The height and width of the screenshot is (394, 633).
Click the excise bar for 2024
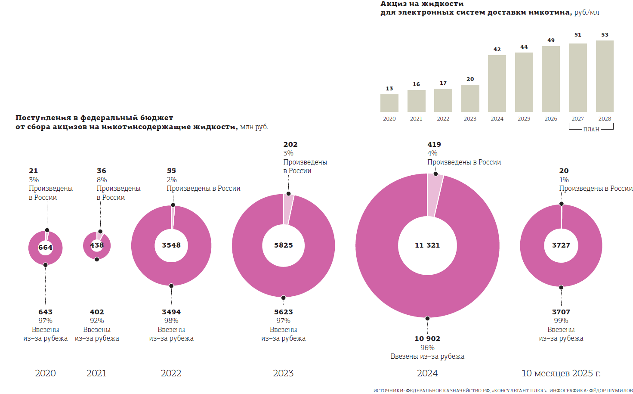pyautogui.click(x=497, y=84)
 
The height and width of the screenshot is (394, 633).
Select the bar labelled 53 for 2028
pyautogui.click(x=605, y=76)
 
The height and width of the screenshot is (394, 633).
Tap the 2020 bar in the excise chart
pyautogui.click(x=389, y=103)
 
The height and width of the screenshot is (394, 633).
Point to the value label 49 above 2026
pyautogui.click(x=551, y=40)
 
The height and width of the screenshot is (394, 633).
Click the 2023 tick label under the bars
pyautogui.click(x=470, y=119)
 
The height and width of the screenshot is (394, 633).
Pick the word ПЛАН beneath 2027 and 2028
pyautogui.click(x=591, y=129)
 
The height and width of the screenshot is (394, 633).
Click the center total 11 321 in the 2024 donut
pyautogui.click(x=427, y=245)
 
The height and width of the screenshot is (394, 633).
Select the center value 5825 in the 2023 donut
pyautogui.click(x=284, y=245)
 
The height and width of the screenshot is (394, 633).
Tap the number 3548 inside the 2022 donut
pyautogui.click(x=171, y=245)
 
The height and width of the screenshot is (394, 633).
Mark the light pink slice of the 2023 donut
pyautogui.click(x=288, y=209)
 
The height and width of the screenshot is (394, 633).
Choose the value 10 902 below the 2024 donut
pyautogui.click(x=427, y=339)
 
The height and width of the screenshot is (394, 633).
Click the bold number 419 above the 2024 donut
pyautogui.click(x=434, y=145)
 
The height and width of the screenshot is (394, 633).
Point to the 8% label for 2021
pyautogui.click(x=102, y=180)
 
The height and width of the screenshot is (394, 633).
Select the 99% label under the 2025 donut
pyautogui.click(x=561, y=321)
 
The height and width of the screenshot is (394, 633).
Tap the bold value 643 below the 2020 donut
pyautogui.click(x=45, y=312)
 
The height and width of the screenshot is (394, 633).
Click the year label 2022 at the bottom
pyautogui.click(x=171, y=373)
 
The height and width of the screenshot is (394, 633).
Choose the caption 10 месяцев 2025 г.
pyautogui.click(x=561, y=373)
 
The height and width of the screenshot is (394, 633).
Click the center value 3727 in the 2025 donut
pyautogui.click(x=561, y=245)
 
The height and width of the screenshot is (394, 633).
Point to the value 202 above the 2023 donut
pyautogui.click(x=290, y=145)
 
